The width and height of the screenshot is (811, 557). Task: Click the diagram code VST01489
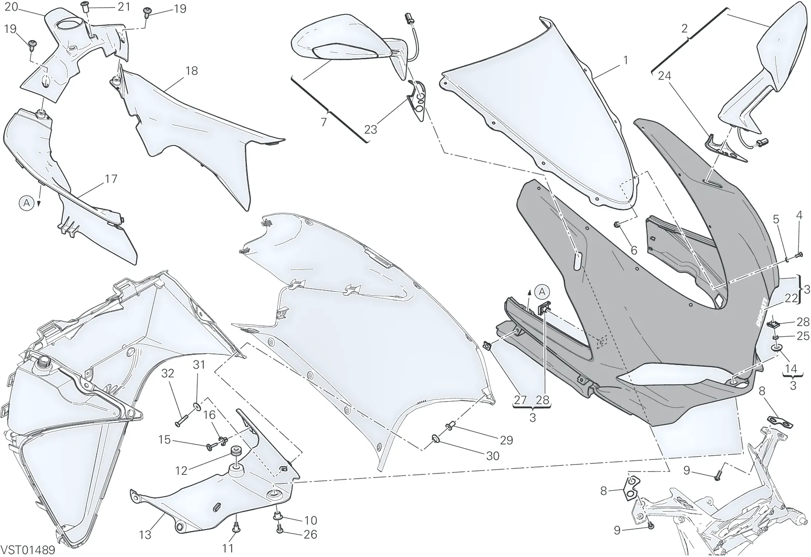[x=28, y=550]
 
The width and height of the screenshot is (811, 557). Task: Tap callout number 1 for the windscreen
[x=625, y=60]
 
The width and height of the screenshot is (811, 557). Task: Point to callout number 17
[x=111, y=179]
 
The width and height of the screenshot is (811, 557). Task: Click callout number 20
[x=11, y=7]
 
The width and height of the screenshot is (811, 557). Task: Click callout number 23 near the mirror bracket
[x=371, y=130]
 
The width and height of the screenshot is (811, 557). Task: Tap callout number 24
[x=665, y=75]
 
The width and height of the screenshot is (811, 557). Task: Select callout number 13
[x=145, y=535]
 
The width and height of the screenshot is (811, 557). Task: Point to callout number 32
[x=168, y=373]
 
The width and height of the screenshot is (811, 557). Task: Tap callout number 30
[x=493, y=456]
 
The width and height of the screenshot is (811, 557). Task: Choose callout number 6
[x=634, y=250]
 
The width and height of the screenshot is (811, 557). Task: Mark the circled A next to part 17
[x=26, y=203]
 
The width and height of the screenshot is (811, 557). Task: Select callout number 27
[x=520, y=400]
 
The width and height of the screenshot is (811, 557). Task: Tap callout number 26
[x=310, y=534]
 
